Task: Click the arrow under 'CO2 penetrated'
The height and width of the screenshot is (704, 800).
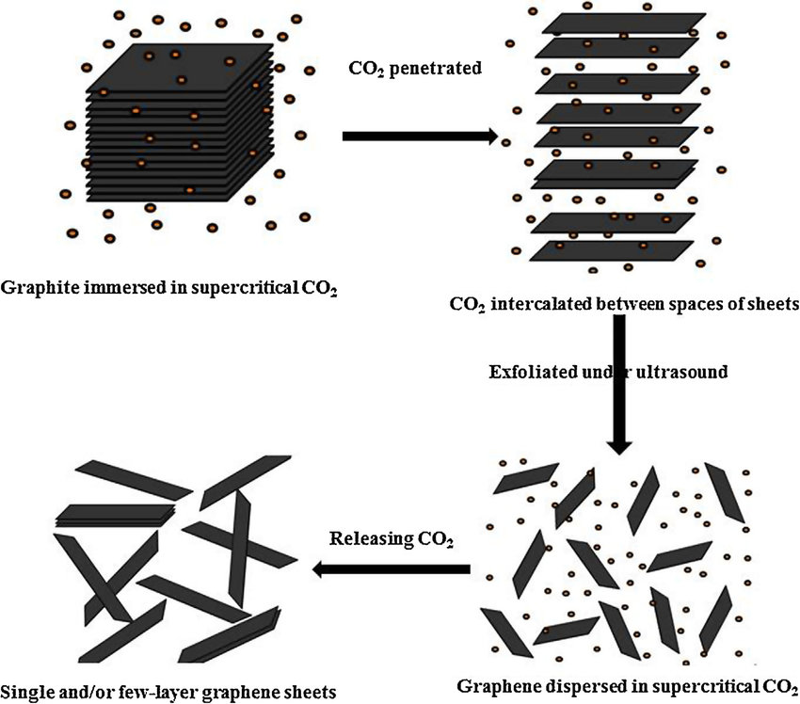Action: [419, 136]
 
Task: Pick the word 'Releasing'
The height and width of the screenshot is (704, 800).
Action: [369, 540]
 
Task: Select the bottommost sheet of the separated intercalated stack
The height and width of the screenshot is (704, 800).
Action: [616, 249]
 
